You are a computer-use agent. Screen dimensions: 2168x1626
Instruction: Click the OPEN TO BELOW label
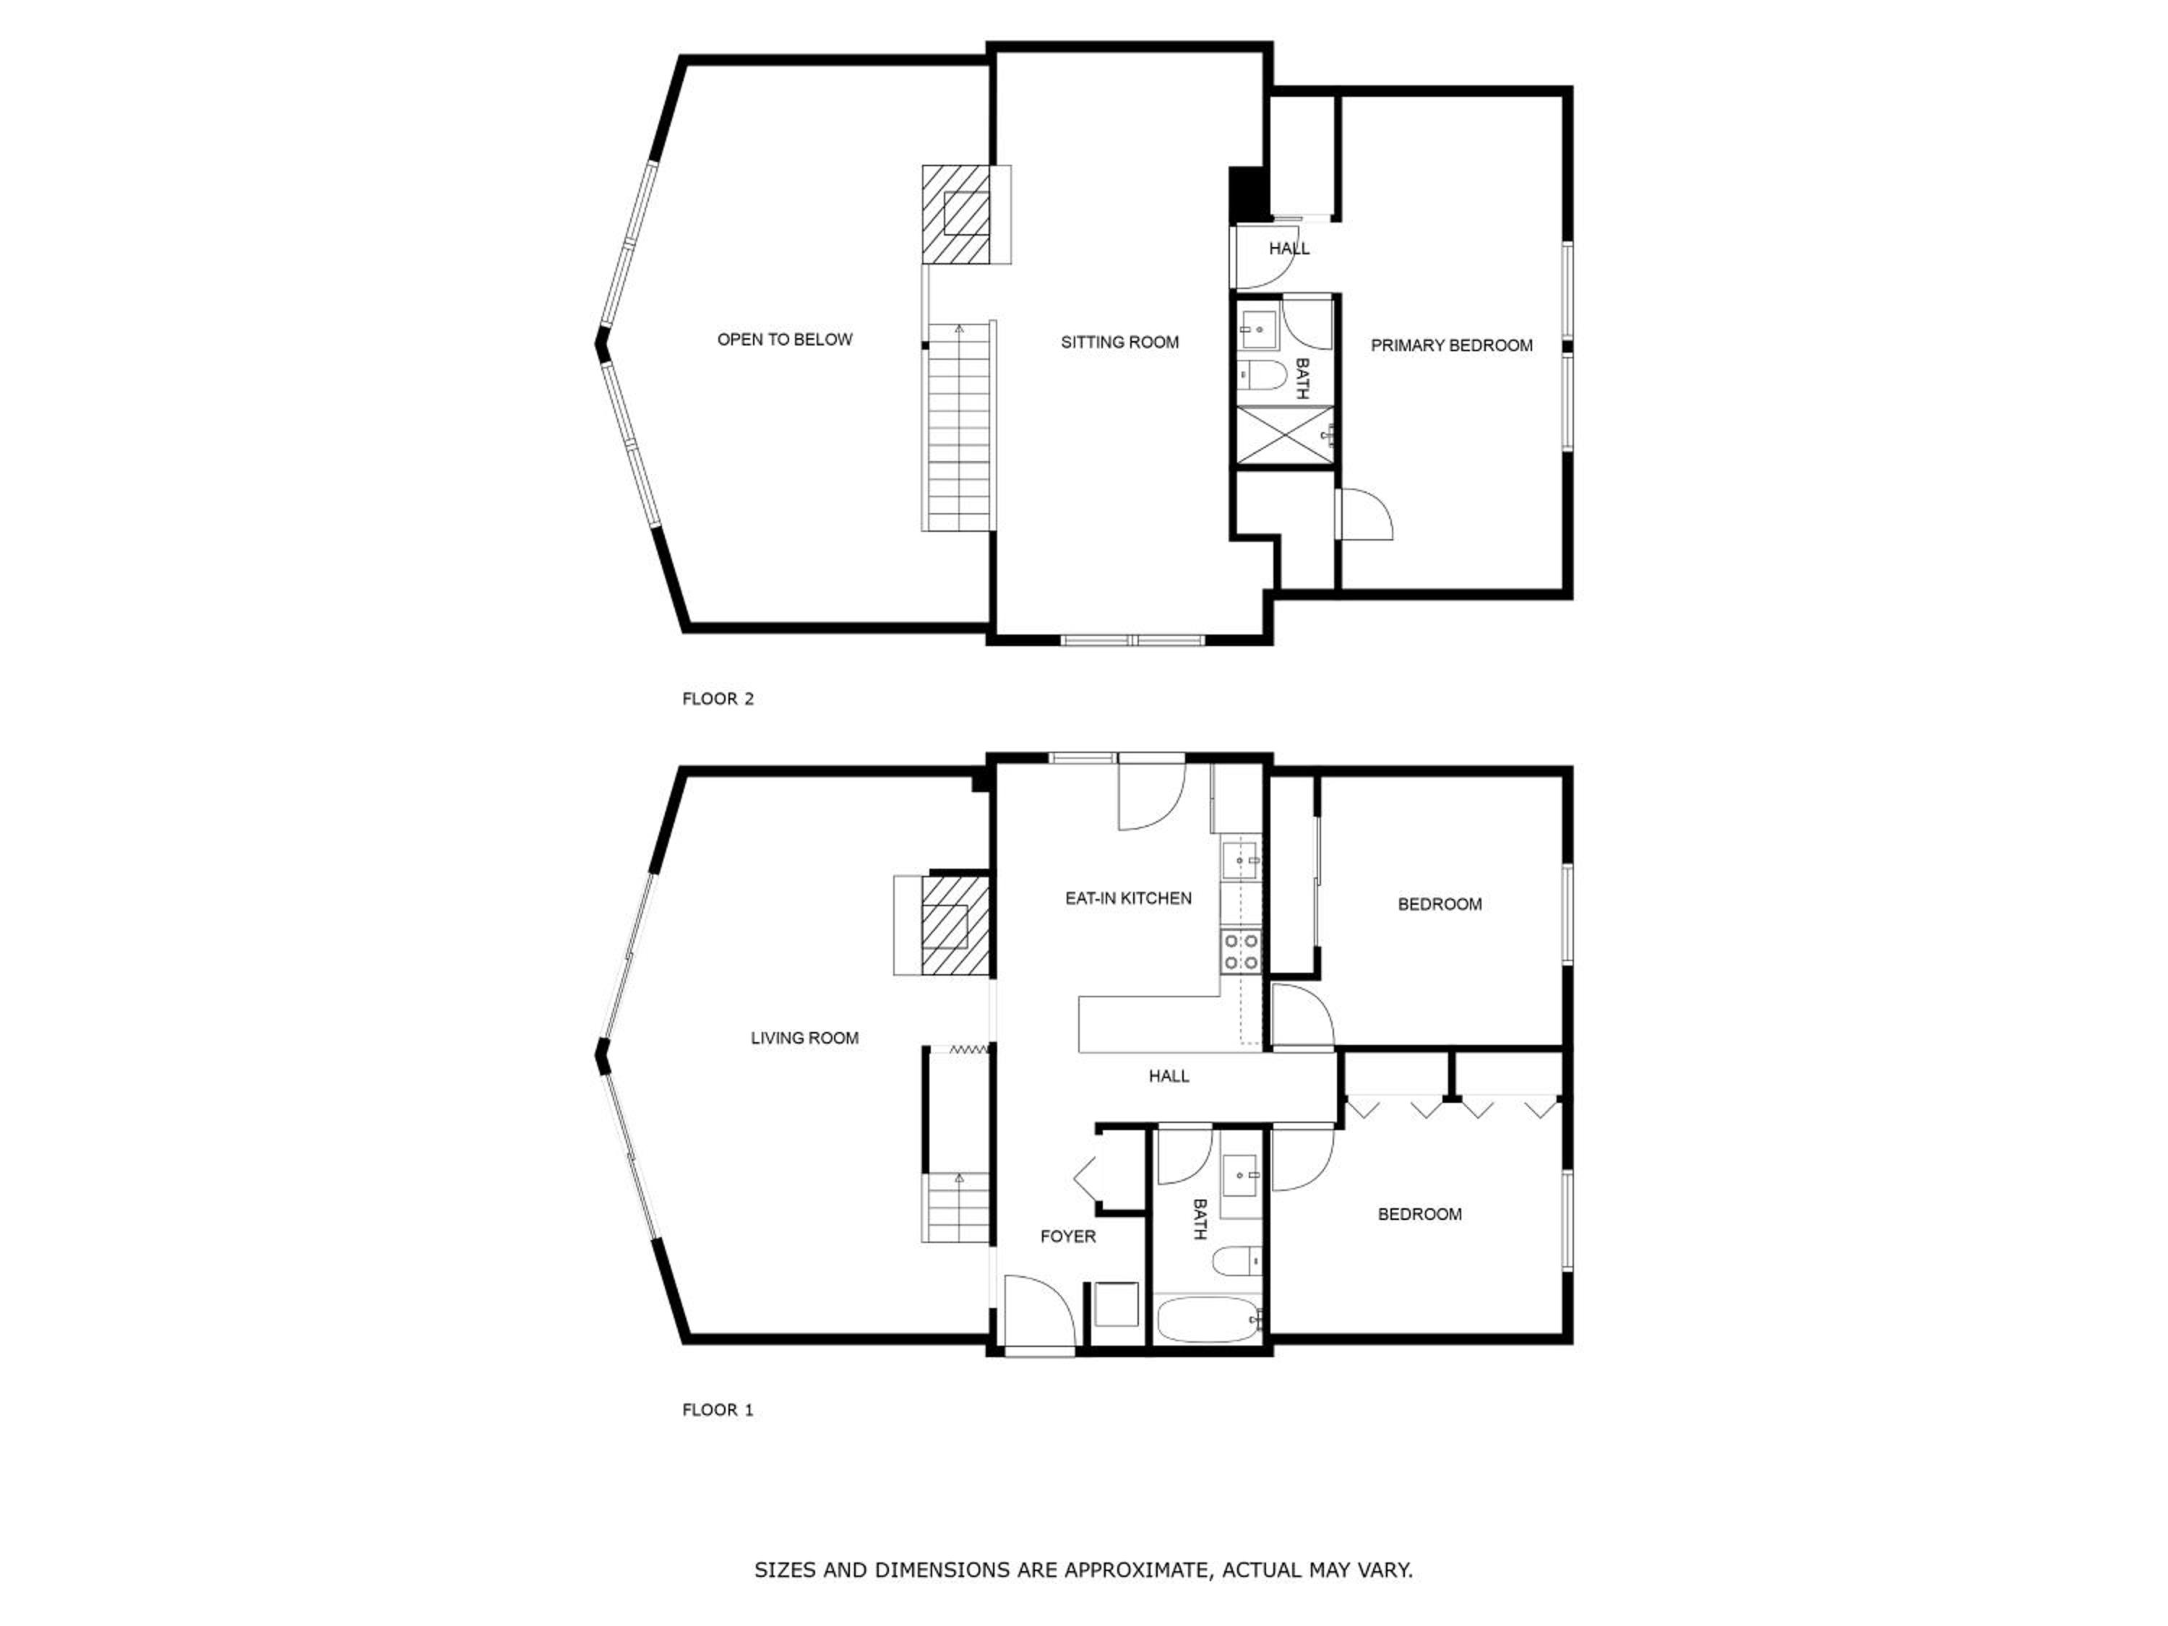784,339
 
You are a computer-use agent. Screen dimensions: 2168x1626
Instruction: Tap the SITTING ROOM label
1119,342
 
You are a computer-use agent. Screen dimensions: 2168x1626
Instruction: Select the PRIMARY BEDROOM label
1452,345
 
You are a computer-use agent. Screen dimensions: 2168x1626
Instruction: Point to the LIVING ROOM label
804,1038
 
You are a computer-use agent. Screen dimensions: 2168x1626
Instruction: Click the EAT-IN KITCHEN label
1128,898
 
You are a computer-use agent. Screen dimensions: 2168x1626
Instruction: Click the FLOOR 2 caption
718,699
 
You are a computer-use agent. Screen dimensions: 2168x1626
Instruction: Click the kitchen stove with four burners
1241,952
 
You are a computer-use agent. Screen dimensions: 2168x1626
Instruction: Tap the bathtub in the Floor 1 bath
1208,1321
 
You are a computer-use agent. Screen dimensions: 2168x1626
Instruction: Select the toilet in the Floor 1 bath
1236,1261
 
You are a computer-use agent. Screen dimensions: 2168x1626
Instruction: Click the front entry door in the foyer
1040,1313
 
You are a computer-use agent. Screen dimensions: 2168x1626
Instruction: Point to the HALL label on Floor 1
1169,1076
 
